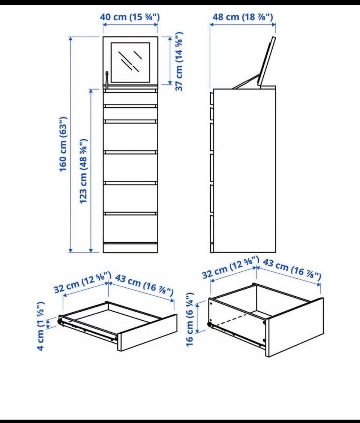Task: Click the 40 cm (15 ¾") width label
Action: (x=130, y=17)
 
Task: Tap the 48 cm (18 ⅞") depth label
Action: (x=243, y=17)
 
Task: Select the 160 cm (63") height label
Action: (x=63, y=144)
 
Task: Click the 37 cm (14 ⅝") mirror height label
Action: (x=179, y=61)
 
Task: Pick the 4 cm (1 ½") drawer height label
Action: (x=40, y=326)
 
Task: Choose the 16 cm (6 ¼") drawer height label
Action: (x=190, y=319)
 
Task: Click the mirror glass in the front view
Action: (x=130, y=62)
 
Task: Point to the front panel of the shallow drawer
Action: (x=147, y=332)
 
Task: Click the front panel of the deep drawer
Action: (x=295, y=327)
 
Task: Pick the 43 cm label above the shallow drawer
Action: (x=144, y=285)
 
